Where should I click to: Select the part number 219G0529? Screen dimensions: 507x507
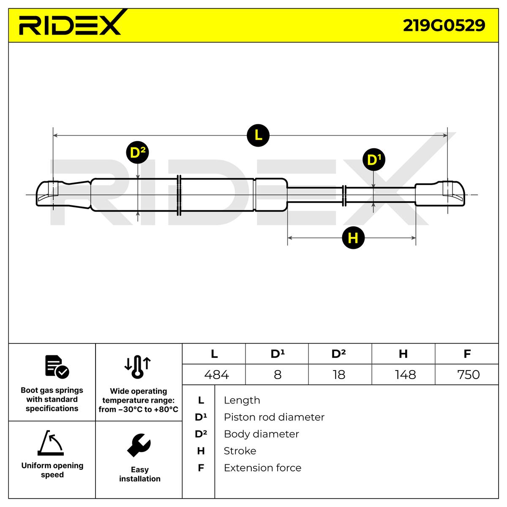[444, 25]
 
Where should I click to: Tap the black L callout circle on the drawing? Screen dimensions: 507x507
[258, 135]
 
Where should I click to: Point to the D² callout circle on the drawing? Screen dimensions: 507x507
[138, 153]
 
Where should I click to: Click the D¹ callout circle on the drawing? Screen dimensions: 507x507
[374, 160]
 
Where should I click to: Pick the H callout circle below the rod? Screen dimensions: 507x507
[353, 238]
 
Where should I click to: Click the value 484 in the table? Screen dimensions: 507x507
[216, 375]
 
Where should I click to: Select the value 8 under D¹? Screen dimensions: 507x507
[277, 375]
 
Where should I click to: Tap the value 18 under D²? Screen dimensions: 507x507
[339, 375]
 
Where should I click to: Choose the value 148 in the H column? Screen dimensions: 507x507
[405, 375]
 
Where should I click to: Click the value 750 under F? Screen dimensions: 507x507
[468, 375]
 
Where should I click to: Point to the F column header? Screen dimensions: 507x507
[467, 354]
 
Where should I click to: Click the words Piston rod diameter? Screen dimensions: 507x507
[274, 417]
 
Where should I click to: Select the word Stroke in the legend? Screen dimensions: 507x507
[240, 451]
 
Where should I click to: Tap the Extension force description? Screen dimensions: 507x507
[262, 468]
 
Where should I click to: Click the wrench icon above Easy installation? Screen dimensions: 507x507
[139, 445]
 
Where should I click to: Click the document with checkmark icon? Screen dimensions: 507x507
[56, 366]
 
